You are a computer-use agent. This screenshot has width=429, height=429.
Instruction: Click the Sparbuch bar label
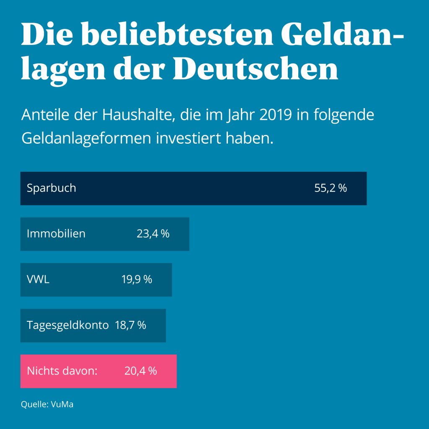tap(51, 188)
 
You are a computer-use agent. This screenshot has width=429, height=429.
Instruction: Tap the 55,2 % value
tap(331, 188)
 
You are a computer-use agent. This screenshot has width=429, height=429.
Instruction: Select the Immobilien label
tap(56, 233)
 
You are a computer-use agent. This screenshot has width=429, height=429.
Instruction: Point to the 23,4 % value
tap(153, 233)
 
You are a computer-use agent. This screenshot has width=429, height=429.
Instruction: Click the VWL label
tap(38, 279)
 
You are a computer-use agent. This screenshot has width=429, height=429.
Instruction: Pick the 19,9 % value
tap(137, 279)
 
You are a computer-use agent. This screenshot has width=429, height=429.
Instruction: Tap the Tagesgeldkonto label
tap(68, 325)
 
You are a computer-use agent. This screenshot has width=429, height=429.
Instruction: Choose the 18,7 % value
tap(130, 325)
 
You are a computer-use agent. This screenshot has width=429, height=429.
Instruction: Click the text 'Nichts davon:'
tap(62, 371)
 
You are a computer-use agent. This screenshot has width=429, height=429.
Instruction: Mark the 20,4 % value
tap(140, 371)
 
